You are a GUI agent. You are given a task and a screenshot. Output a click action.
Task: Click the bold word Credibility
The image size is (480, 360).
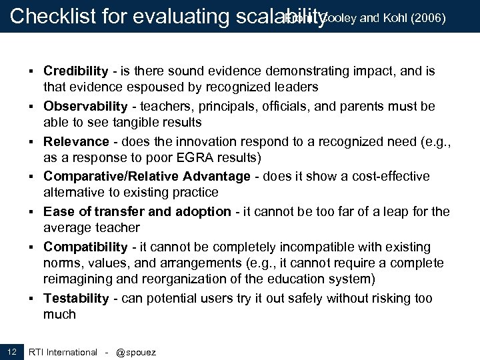(x=76, y=71)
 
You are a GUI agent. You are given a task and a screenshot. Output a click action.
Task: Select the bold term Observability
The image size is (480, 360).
(x=85, y=107)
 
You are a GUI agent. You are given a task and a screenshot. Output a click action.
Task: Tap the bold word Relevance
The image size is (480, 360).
(x=76, y=141)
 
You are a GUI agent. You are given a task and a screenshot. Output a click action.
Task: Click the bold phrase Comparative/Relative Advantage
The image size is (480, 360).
(x=147, y=177)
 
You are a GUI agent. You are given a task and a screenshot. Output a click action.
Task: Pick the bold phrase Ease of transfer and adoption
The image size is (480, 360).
(x=137, y=212)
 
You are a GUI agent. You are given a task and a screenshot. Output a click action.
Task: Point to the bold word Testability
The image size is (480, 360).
(x=76, y=299)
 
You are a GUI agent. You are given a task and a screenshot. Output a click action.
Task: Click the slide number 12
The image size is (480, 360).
(x=12, y=351)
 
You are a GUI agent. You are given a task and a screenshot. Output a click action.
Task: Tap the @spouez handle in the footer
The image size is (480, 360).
(x=136, y=352)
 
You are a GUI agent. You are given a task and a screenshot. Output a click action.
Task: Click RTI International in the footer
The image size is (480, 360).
(x=63, y=352)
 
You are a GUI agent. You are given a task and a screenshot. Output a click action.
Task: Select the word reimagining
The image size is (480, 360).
(x=78, y=279)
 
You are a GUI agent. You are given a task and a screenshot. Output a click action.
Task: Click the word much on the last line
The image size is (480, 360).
(x=59, y=315)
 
